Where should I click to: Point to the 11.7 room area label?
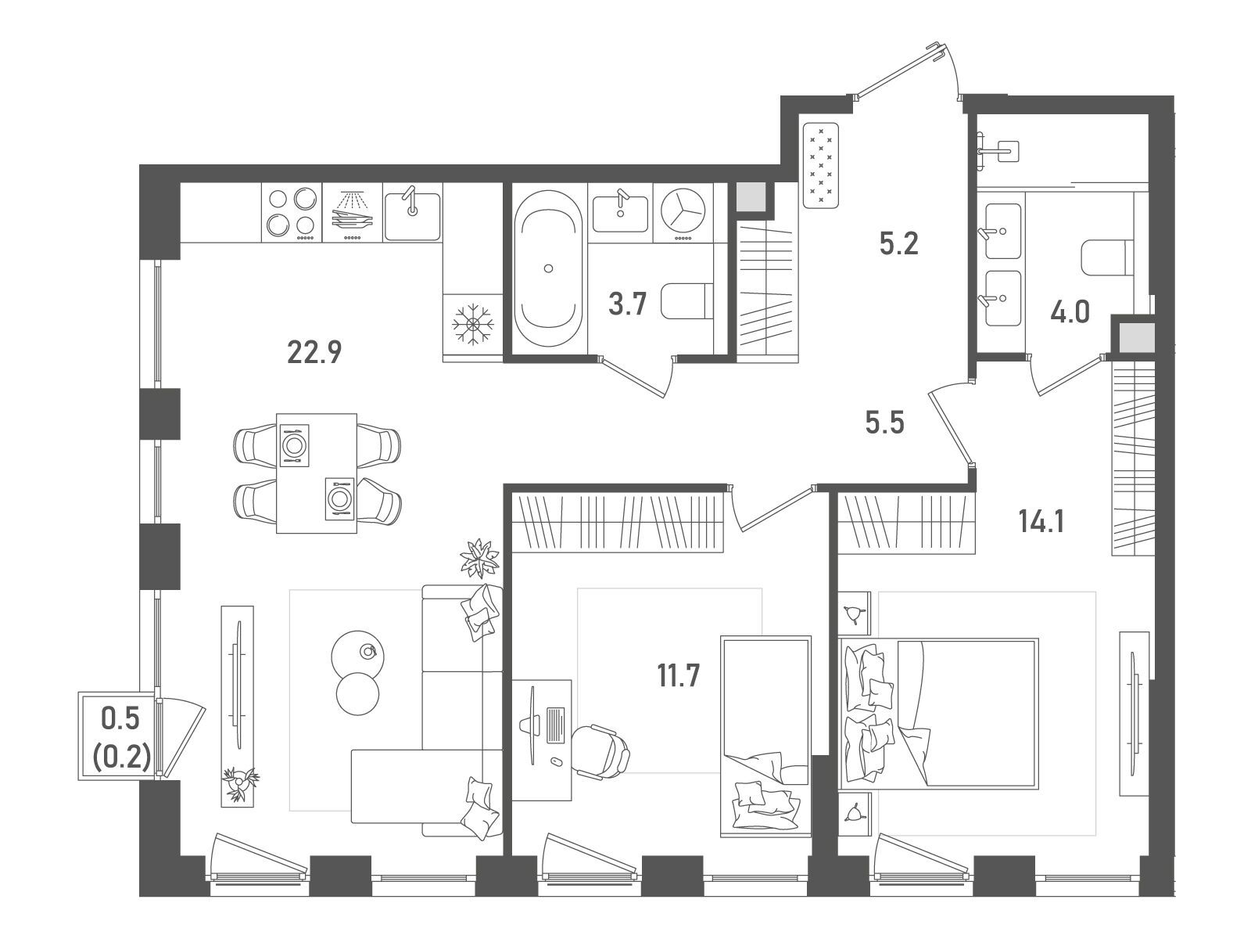point(678,676)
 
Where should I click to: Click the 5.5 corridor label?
point(884,423)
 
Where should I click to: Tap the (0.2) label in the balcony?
point(121,759)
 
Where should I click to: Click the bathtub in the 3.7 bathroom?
point(548,268)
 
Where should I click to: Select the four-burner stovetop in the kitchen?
point(292,213)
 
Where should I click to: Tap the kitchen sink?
point(412,215)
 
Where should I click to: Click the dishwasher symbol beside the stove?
point(352,213)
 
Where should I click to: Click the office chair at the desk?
point(600,751)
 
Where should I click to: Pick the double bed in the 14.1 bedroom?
point(939,713)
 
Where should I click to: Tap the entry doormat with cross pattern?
point(821,165)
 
